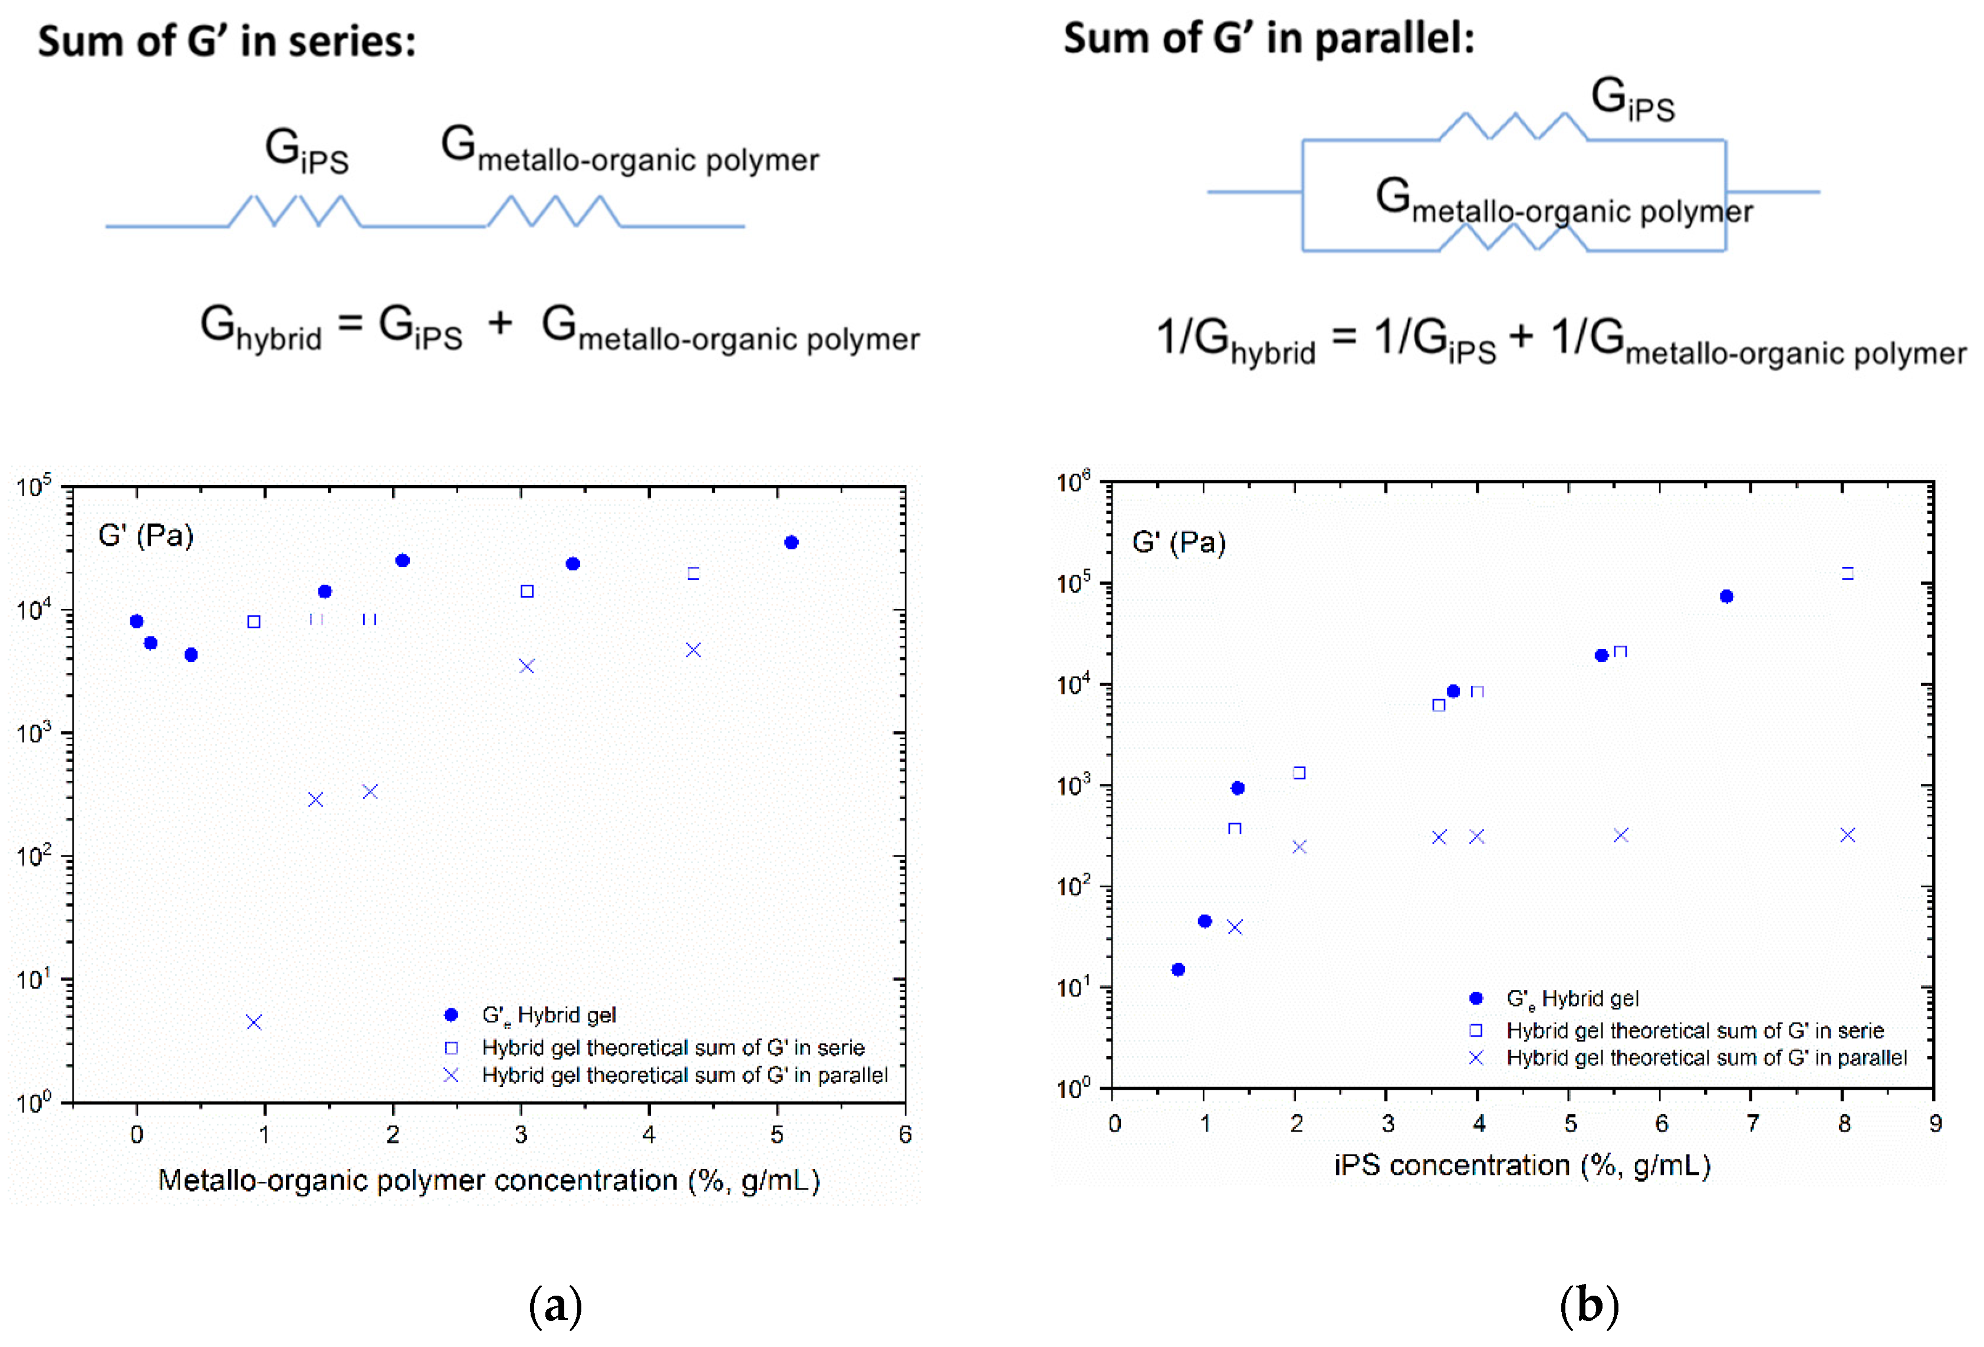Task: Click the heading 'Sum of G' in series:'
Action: tap(226, 41)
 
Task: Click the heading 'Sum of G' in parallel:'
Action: tap(1269, 38)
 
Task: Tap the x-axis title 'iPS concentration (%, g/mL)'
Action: tap(1522, 1165)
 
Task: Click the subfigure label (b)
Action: tap(1589, 1305)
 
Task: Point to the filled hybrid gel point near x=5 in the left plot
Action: tap(791, 542)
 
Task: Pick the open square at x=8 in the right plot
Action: tap(1847, 573)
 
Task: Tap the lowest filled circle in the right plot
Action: tap(1178, 969)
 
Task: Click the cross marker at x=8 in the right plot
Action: tap(1847, 834)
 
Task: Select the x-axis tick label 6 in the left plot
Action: tap(905, 1135)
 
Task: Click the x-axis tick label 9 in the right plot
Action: tap(1935, 1124)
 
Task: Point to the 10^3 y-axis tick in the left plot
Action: tap(34, 733)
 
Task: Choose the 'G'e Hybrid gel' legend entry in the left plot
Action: tap(548, 1015)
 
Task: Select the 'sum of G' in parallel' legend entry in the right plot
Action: tap(1705, 1057)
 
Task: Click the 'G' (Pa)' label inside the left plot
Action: tap(146, 536)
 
